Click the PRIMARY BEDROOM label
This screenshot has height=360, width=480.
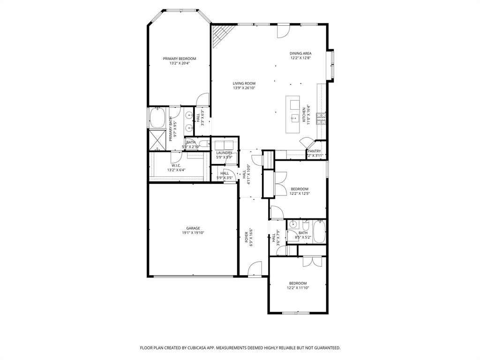180,59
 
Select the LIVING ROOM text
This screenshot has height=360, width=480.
244,83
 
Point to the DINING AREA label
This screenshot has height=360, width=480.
300,53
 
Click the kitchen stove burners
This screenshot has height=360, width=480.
322,119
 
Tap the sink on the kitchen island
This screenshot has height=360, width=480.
294,117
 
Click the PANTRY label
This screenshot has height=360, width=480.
314,151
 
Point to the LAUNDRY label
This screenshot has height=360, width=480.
224,153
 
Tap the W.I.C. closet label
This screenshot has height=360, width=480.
176,165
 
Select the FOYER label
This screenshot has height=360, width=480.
247,236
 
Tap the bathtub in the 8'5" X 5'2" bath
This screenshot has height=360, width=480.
319,232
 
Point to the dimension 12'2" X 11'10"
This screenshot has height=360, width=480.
298,288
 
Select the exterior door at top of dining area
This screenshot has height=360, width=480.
283,30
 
